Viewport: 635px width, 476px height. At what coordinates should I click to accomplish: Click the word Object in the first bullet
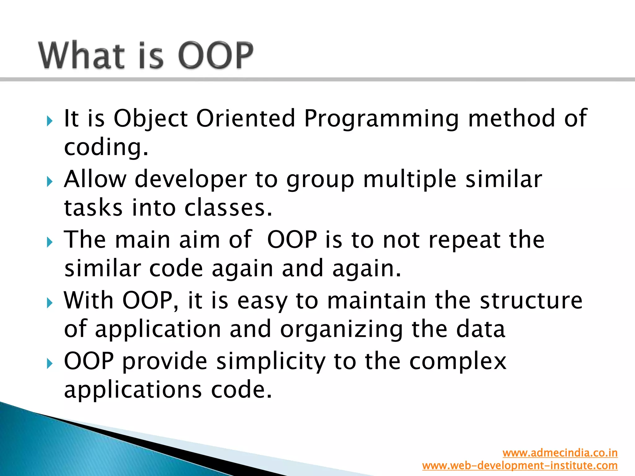(151, 119)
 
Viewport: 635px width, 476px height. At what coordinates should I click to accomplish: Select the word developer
(191, 180)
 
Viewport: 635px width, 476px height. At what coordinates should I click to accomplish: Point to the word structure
(531, 300)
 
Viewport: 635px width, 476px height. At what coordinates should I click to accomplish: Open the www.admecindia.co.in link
(560, 453)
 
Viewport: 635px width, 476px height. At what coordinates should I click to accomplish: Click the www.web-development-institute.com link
(520, 465)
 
